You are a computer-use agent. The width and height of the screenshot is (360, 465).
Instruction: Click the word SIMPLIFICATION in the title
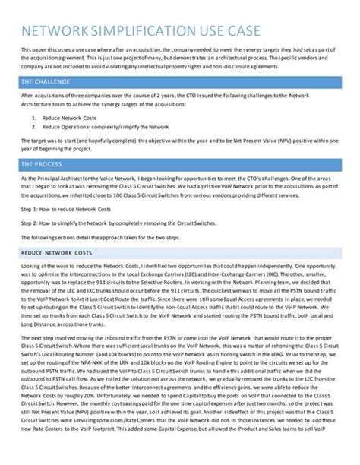150,31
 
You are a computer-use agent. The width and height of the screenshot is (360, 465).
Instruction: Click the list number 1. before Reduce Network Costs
35,119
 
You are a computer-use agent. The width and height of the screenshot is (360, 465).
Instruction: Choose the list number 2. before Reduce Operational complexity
35,127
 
